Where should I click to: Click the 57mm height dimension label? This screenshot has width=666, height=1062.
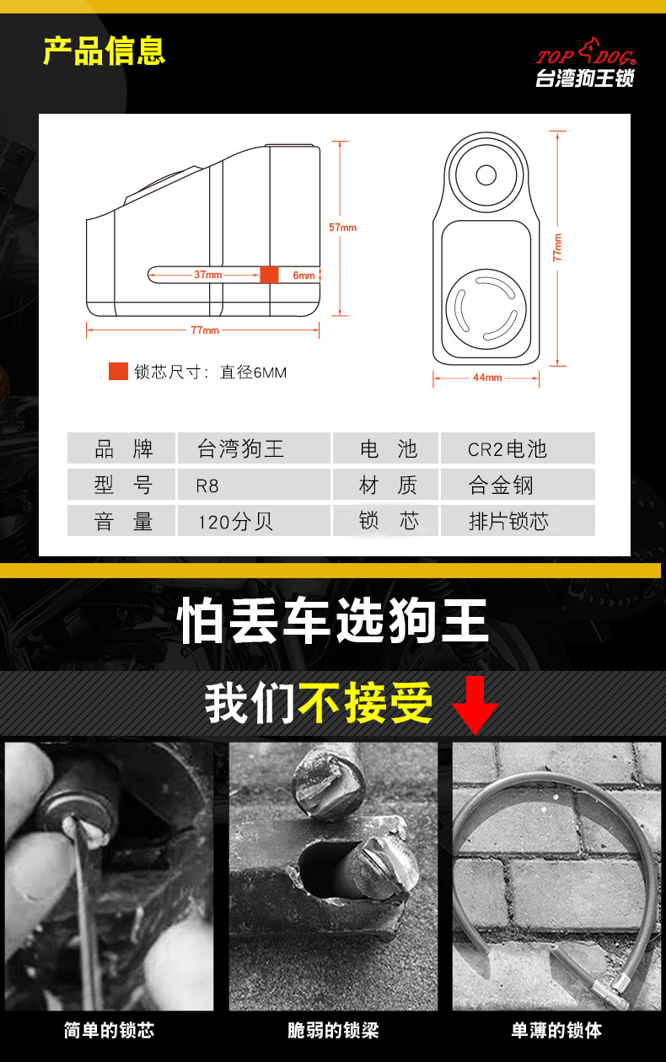(x=342, y=228)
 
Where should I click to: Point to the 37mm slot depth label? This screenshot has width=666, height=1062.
(x=207, y=275)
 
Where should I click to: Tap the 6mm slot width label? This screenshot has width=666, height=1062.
(x=303, y=275)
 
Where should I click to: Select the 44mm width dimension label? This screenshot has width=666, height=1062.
(x=487, y=378)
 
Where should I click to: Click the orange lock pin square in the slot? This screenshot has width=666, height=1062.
(x=269, y=275)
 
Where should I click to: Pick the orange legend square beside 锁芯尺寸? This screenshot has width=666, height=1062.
(x=118, y=371)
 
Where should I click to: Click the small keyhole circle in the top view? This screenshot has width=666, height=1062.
(x=486, y=175)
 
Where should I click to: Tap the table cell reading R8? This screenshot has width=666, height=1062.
(x=254, y=485)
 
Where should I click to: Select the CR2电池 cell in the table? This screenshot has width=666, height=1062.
(x=518, y=448)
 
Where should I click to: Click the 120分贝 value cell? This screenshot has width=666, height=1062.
(x=254, y=521)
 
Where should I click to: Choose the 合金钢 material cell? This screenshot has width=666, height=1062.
(x=518, y=485)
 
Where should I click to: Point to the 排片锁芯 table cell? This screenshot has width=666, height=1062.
(x=518, y=521)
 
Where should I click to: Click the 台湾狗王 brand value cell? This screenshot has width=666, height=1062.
(x=254, y=448)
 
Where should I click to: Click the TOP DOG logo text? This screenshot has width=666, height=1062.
(x=586, y=55)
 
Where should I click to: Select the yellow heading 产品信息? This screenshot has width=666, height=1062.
(x=104, y=51)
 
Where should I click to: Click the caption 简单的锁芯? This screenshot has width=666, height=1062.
(x=109, y=1030)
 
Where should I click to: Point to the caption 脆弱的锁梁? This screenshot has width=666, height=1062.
(x=333, y=1030)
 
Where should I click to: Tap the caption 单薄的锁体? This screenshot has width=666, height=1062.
(x=556, y=1030)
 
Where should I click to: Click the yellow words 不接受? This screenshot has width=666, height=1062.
(x=365, y=703)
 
